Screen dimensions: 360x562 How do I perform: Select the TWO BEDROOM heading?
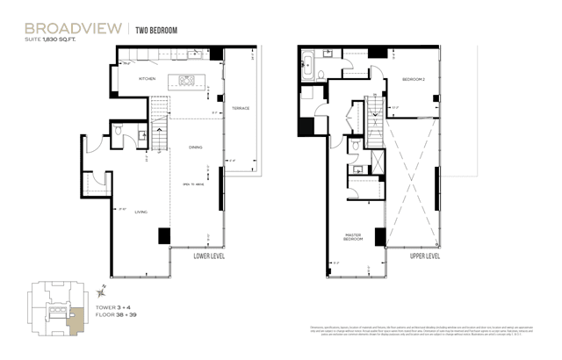tap(156, 30)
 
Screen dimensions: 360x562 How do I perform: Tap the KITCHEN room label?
tap(148, 80)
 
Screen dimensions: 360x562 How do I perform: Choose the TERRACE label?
tap(240, 109)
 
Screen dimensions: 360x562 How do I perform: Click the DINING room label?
tap(195, 148)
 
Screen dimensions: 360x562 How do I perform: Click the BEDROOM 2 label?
tap(414, 79)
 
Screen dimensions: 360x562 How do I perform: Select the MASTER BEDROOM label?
tap(354, 237)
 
